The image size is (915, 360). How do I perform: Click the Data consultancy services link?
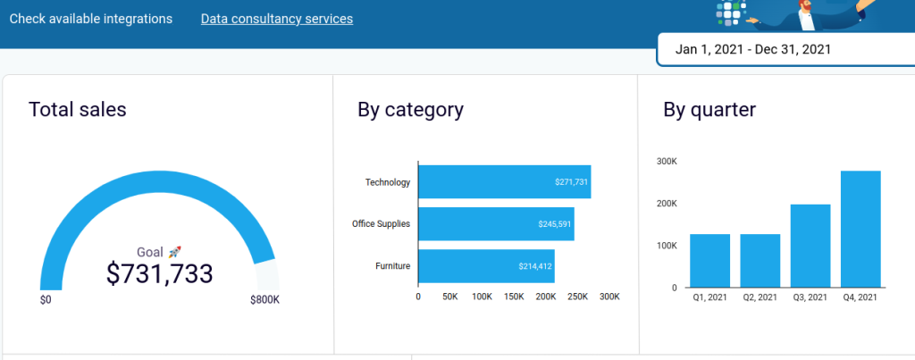coord(277,19)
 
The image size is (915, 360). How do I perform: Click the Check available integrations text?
coord(90,19)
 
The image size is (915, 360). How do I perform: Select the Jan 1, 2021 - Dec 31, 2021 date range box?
coord(752,49)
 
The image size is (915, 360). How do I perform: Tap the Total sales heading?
coord(78,110)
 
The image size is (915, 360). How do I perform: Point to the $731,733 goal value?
coord(159,273)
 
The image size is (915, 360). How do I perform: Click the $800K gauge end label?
coord(264,300)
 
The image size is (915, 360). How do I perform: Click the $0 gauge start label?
coord(46,300)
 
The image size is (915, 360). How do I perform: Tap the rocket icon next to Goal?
coord(175,252)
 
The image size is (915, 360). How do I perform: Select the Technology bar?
coord(504,182)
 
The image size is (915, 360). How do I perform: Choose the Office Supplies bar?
coord(496,224)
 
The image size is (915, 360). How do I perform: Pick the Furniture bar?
coord(486,266)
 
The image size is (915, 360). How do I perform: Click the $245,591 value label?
coord(554,224)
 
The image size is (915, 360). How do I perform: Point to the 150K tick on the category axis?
coord(514,297)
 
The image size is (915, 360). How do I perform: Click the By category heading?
coord(410,110)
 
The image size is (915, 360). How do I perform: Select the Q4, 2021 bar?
coord(860,229)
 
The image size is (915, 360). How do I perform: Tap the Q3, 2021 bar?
coord(810,246)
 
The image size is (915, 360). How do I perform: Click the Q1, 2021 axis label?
coord(710,297)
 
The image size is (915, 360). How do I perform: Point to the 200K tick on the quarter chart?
coord(667,204)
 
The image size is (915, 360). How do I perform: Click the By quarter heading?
coord(709,110)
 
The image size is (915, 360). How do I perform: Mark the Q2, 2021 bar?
coord(760,260)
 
